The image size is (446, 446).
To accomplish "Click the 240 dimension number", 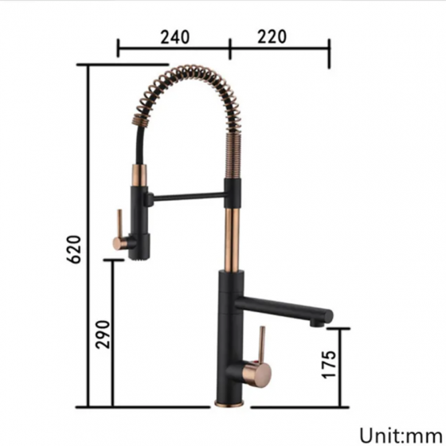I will click(x=174, y=37).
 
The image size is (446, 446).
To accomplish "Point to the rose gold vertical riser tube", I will click(x=233, y=235).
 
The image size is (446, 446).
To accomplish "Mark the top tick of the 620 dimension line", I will click(x=88, y=65).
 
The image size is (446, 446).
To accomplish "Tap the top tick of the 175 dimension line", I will click(x=339, y=327).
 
